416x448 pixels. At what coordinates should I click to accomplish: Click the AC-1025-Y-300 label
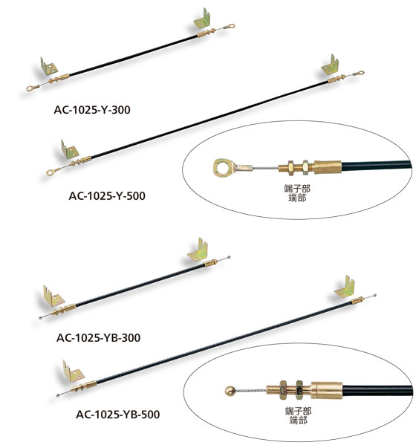pos(92,110)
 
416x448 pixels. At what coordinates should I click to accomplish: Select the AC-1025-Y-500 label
pos(107,195)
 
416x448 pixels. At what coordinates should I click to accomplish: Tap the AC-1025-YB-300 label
pos(98,338)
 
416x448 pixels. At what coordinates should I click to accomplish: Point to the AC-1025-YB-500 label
pos(117,415)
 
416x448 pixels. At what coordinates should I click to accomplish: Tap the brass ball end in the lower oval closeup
pos(230,391)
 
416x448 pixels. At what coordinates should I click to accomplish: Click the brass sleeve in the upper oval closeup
pos(328,167)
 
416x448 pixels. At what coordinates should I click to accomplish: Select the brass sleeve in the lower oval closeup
pos(327,390)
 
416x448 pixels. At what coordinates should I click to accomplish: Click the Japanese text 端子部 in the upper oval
pos(297,189)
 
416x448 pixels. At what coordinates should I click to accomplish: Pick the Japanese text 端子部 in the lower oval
pos(299,411)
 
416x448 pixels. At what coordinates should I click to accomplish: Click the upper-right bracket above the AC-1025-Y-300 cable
pos(202,19)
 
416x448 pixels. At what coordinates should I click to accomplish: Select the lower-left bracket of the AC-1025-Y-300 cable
pos(48,67)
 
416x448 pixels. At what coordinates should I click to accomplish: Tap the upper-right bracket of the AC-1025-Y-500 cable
pos(330,65)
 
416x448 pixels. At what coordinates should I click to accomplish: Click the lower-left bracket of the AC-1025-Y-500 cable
pos(69,150)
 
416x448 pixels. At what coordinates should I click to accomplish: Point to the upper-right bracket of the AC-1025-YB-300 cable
pos(198,250)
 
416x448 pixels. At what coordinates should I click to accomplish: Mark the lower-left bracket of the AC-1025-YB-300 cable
pos(53,296)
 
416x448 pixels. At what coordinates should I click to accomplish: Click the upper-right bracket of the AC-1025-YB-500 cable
pos(345,288)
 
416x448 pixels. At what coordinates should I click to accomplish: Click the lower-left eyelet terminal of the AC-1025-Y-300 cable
pos(33,88)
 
